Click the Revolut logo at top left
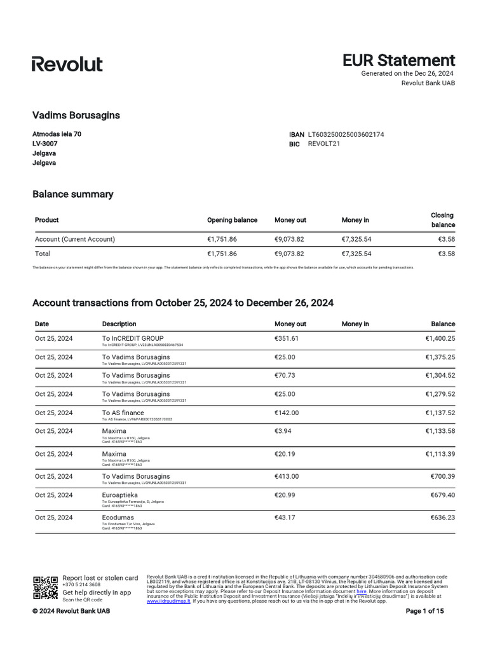[x=67, y=64]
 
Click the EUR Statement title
[x=398, y=60]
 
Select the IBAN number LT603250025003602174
[x=346, y=135]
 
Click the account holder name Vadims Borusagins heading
[x=76, y=115]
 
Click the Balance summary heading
[x=72, y=195]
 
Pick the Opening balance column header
[x=232, y=220]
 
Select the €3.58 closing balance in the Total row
[x=446, y=254]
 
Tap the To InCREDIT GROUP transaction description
[x=133, y=338]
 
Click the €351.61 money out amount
[x=287, y=339]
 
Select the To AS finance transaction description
[x=123, y=413]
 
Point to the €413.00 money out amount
[x=287, y=476]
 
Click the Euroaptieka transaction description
[x=120, y=495]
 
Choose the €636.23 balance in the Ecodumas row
[x=440, y=517]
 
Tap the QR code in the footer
[x=45, y=587]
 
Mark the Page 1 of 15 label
[x=424, y=612]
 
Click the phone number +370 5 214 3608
[x=81, y=585]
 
